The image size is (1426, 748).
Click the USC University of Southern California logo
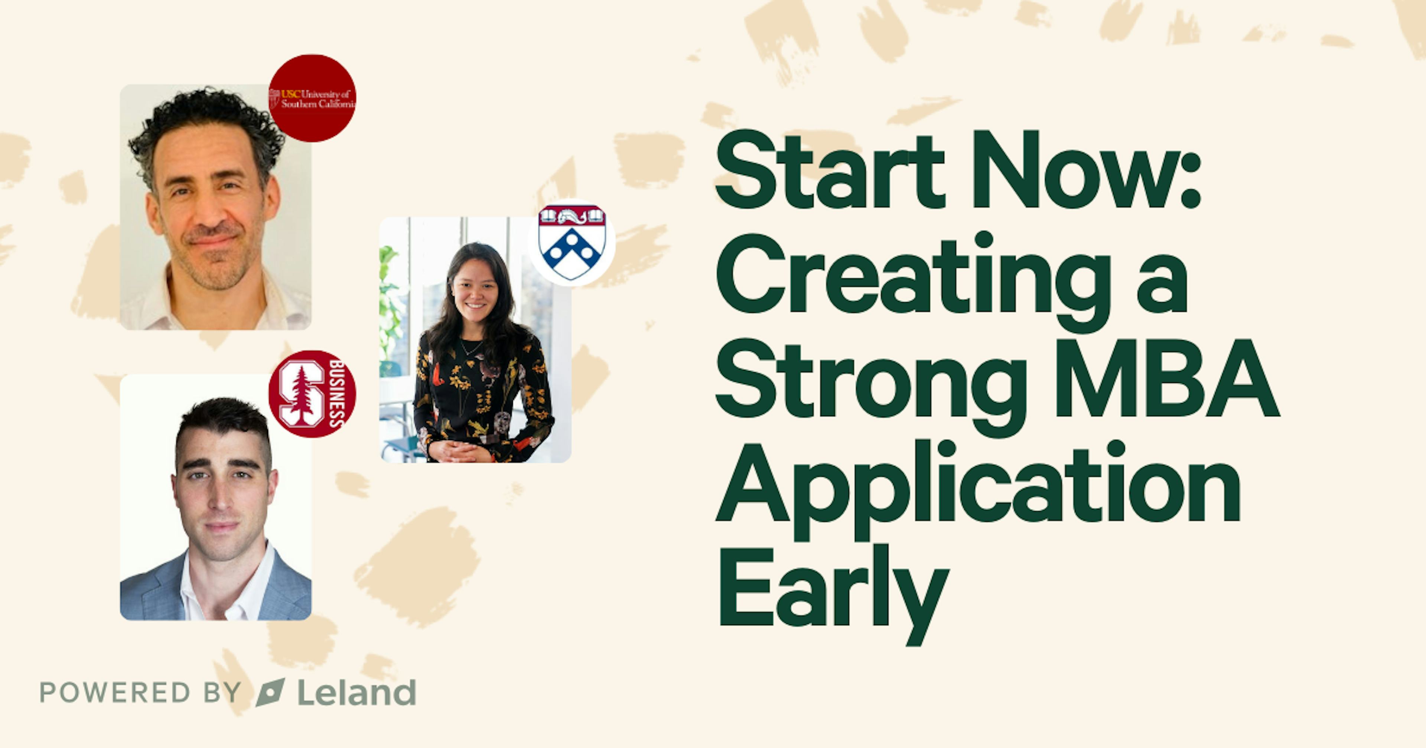(312, 98)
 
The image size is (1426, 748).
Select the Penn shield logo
(572, 242)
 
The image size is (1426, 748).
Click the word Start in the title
(829, 170)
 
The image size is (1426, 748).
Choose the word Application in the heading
(977, 487)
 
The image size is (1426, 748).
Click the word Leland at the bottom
(356, 693)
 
